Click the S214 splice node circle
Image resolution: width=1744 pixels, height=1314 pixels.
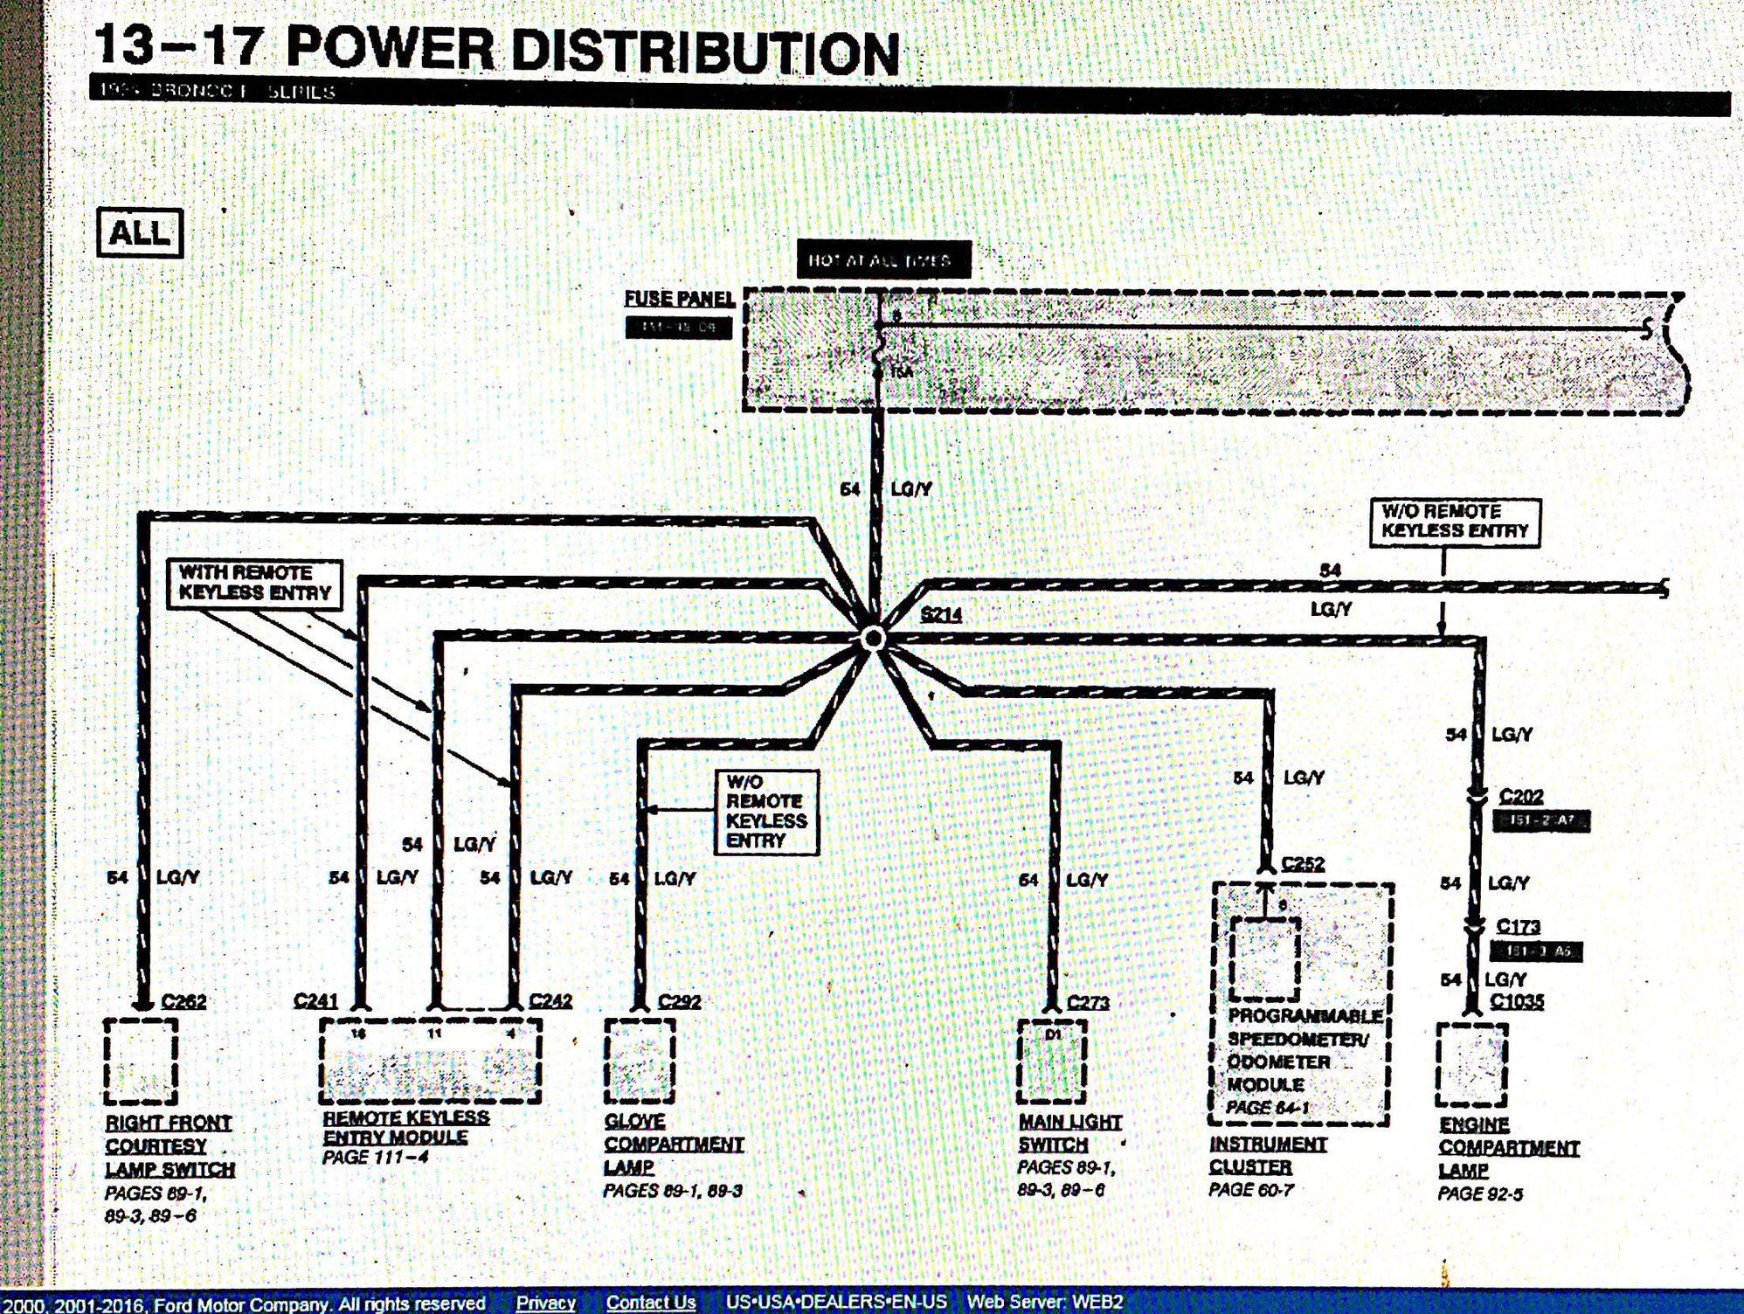[x=872, y=639]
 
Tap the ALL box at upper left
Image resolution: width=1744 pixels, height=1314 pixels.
[x=140, y=233]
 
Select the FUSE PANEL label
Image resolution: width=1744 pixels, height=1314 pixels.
[x=679, y=299]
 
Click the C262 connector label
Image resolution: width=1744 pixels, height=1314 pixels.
[x=184, y=1001]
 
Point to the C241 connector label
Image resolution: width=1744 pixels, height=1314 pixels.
[x=315, y=1001]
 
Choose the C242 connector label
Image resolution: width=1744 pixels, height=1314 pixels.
[x=550, y=1001]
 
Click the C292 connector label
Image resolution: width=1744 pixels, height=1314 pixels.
[x=679, y=1001]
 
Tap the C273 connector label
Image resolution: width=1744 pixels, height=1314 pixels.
[x=1088, y=1003]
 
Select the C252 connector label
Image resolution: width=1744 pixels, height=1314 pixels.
[x=1303, y=864]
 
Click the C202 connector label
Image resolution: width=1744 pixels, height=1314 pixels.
[x=1521, y=797]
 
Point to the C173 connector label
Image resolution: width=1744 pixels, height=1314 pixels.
[x=1518, y=926]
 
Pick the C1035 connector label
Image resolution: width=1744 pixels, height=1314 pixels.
[x=1516, y=1001]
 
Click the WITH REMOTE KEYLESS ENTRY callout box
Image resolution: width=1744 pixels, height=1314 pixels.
[x=254, y=584]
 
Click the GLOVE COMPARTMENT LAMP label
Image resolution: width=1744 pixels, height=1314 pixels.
[x=673, y=1144]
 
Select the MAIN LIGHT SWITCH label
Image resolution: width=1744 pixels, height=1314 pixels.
[x=1069, y=1133]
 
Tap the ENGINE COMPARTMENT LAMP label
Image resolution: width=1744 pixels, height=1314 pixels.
[x=1508, y=1147]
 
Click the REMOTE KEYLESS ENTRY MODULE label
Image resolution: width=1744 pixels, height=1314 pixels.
[x=405, y=1127]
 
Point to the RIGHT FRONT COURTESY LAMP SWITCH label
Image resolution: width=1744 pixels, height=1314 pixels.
[x=170, y=1145]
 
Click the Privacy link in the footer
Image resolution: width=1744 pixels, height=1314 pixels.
[x=545, y=1303]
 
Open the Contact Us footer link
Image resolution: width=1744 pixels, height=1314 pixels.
[x=651, y=1303]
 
